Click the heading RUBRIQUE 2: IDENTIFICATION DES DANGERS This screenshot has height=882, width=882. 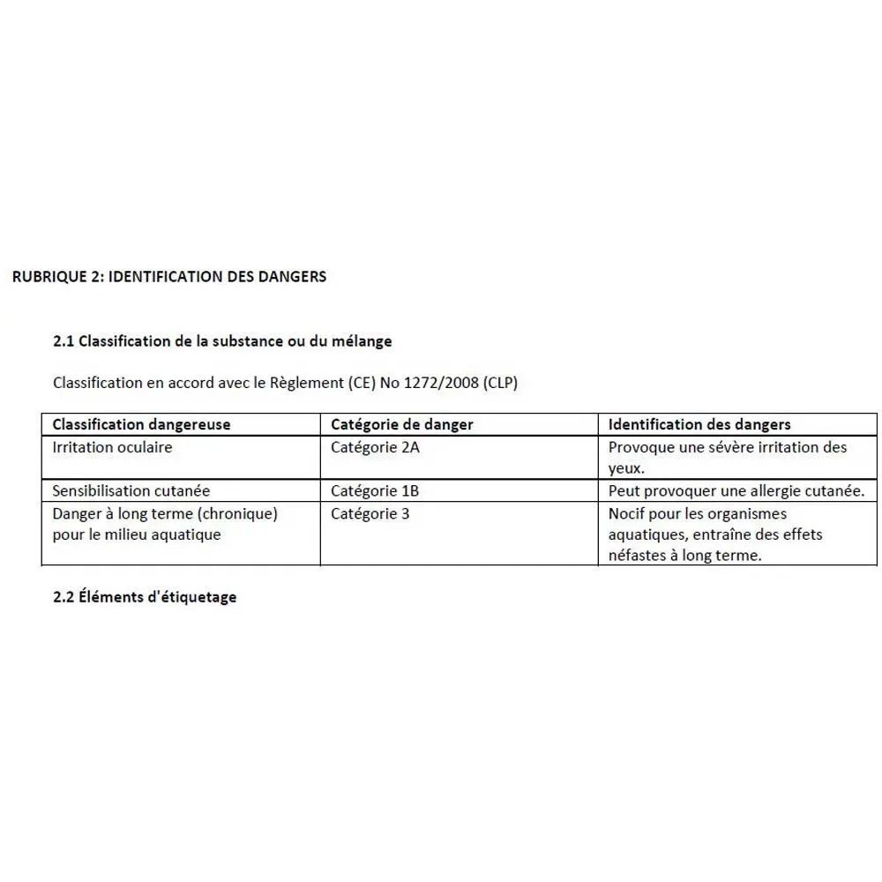tap(169, 277)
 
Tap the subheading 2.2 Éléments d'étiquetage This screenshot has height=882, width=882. tap(145, 597)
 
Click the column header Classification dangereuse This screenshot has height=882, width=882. tap(141, 424)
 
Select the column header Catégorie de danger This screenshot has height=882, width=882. tap(401, 424)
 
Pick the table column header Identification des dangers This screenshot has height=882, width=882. tap(699, 424)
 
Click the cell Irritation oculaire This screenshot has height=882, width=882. tap(112, 447)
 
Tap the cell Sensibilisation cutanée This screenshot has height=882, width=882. tap(131, 490)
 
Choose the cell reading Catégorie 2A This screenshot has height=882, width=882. tap(375, 447)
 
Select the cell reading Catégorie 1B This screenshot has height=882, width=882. tap(375, 490)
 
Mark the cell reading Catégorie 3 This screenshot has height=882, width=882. tap(370, 513)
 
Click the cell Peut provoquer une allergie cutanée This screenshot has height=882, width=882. tap(736, 490)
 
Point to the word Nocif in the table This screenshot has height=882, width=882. tap(627, 513)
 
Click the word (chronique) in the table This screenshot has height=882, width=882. tap(239, 513)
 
